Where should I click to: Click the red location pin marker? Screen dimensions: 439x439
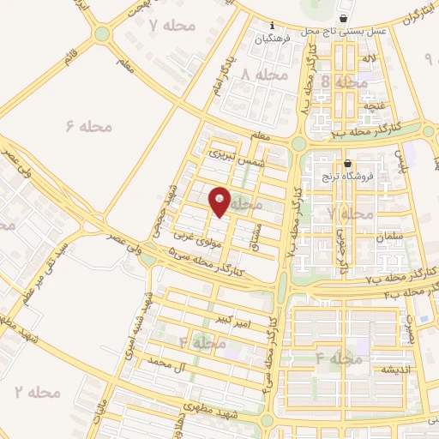[x=219, y=201]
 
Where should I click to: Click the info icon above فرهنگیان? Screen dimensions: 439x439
[x=273, y=25]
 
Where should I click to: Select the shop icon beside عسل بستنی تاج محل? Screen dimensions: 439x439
[x=344, y=18]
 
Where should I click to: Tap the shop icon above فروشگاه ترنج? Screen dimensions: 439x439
[x=347, y=164]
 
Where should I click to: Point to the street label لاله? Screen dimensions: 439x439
[x=371, y=57]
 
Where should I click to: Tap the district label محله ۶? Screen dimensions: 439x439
[x=89, y=127]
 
